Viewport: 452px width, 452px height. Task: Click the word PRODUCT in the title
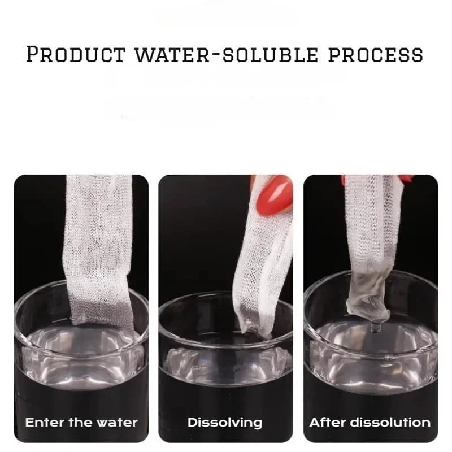tap(75, 54)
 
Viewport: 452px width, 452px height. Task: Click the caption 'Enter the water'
tap(81, 422)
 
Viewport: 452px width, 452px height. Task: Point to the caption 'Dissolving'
tap(225, 422)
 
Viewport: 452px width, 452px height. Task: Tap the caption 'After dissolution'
tap(370, 422)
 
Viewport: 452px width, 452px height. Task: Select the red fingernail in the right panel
tap(406, 179)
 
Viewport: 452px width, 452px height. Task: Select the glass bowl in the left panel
tap(81, 350)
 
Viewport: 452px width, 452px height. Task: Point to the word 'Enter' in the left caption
tap(44, 422)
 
